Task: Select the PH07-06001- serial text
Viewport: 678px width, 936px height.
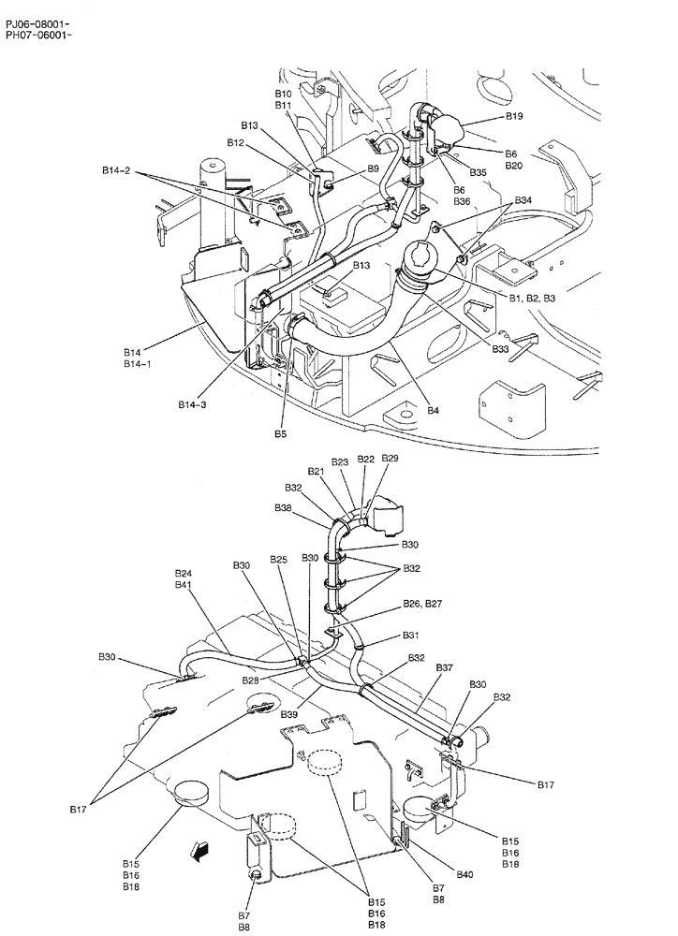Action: (x=37, y=35)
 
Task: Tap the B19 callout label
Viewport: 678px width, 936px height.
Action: (x=514, y=117)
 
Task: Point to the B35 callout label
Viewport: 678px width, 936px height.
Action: (x=479, y=172)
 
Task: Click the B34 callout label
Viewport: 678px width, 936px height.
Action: (x=523, y=201)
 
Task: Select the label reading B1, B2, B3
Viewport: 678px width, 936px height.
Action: (x=532, y=298)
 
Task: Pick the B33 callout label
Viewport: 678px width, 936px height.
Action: (x=501, y=349)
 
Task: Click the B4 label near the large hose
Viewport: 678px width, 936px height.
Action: (x=434, y=409)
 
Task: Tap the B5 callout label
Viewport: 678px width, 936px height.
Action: (x=280, y=433)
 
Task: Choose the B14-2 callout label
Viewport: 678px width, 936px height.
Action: (x=117, y=171)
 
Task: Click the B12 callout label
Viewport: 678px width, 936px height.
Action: (x=235, y=142)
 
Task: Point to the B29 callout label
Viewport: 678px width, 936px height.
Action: (x=390, y=459)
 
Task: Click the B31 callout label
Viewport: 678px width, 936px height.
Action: (x=411, y=636)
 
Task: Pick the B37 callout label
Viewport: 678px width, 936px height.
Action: (x=444, y=667)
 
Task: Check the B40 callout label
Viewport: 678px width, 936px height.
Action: (x=464, y=874)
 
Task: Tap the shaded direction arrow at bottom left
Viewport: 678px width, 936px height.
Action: (x=199, y=849)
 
